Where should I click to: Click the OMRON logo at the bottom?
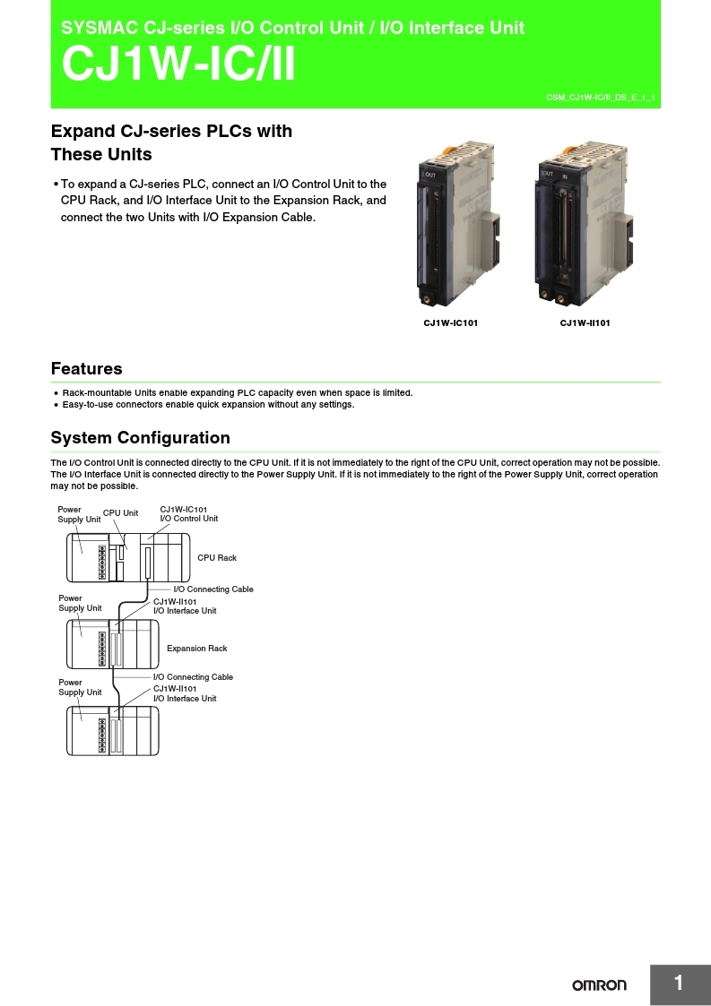coord(600,985)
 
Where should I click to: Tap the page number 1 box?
coord(679,984)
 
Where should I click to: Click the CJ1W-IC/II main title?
coord(178,65)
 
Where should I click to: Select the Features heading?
coord(87,368)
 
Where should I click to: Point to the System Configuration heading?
coord(141,437)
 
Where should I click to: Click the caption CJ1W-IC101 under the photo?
coord(450,322)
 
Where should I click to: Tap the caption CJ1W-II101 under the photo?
coord(585,322)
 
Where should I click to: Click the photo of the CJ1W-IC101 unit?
coord(456,228)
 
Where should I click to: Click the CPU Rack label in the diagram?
coord(217,558)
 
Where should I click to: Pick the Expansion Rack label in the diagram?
coord(197,649)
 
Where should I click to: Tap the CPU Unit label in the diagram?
coord(120,513)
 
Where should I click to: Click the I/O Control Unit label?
coord(189,519)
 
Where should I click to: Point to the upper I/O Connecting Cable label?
coord(213,589)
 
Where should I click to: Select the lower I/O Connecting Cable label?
coord(193,677)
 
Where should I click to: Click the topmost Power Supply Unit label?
coord(79,514)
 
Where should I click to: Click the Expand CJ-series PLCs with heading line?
coord(171,131)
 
